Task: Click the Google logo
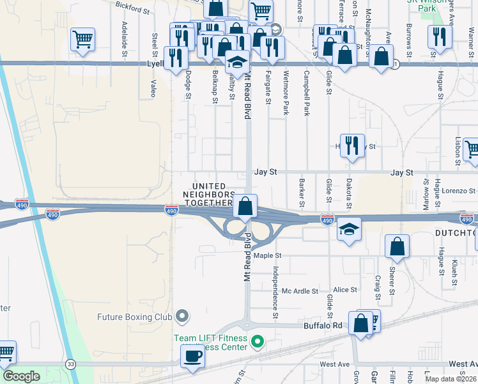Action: [21, 376]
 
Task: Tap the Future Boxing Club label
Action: [135, 316]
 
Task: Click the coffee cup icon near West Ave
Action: [192, 355]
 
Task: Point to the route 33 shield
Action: [70, 364]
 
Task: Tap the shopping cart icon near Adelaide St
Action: [83, 40]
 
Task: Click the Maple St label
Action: [268, 256]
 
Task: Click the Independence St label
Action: [276, 292]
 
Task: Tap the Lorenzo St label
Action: [459, 191]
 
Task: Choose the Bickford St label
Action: [132, 8]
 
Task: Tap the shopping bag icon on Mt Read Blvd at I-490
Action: [245, 206]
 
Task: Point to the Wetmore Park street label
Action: [286, 93]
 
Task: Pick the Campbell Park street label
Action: [307, 93]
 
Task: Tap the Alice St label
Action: [344, 290]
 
